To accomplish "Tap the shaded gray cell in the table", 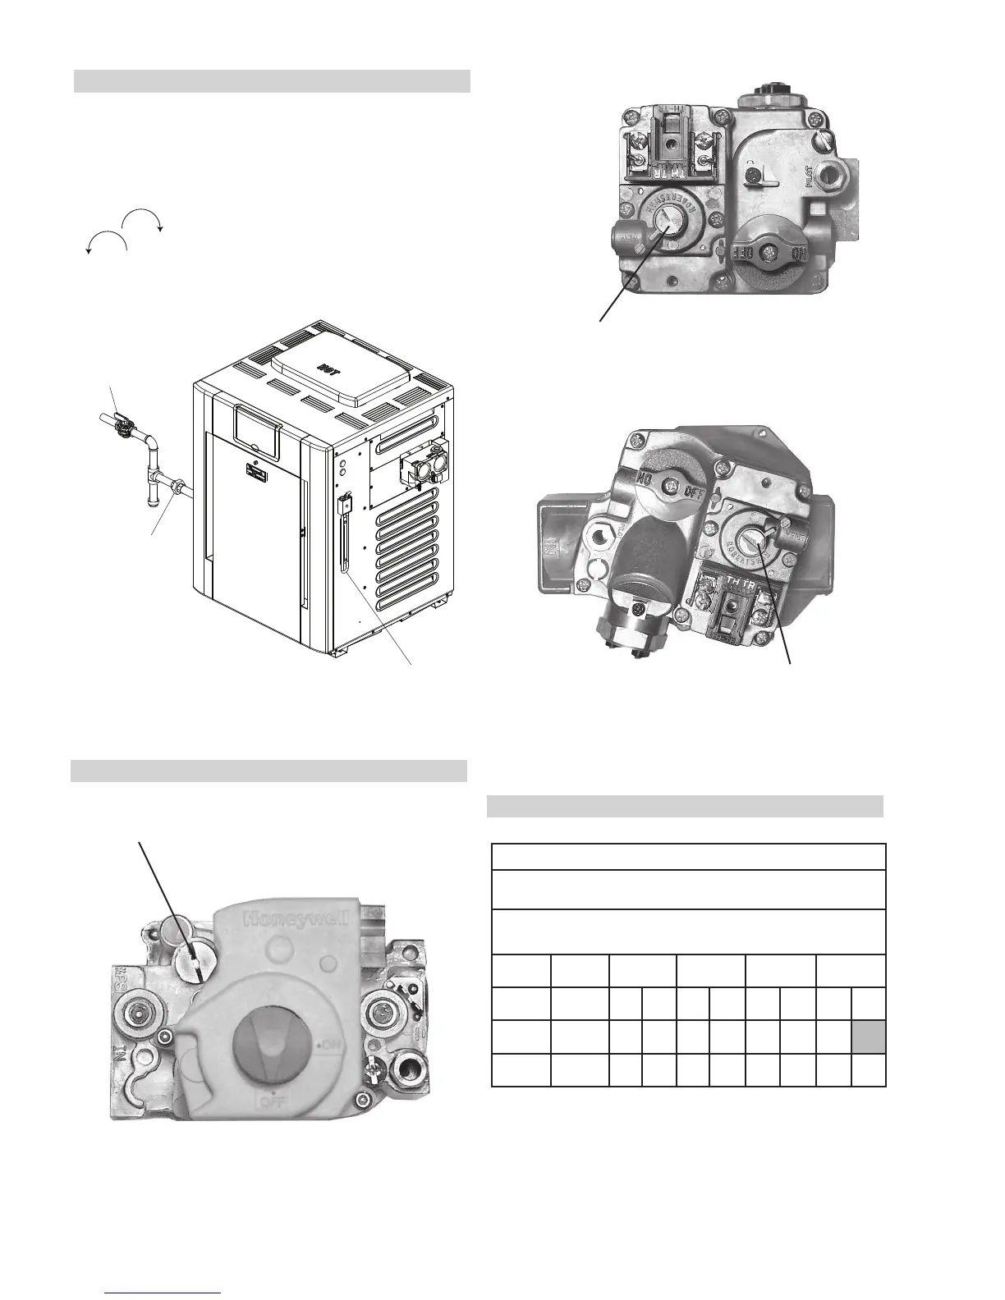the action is (869, 1037).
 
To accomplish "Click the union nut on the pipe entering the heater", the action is (175, 491).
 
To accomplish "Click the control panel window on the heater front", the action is (258, 426).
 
